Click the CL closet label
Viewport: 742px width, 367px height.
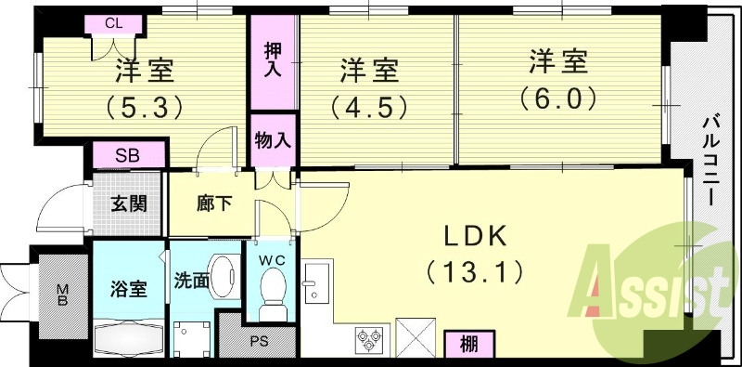[111, 23]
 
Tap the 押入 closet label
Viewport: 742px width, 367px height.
[273, 59]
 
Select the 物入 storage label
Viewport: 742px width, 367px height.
[273, 141]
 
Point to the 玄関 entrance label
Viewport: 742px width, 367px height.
[129, 203]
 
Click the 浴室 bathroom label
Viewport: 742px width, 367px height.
[129, 288]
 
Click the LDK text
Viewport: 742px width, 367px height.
[474, 236]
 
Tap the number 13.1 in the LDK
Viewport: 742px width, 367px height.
[474, 272]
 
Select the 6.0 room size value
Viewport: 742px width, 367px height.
[557, 98]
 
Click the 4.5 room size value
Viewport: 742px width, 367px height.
[368, 105]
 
